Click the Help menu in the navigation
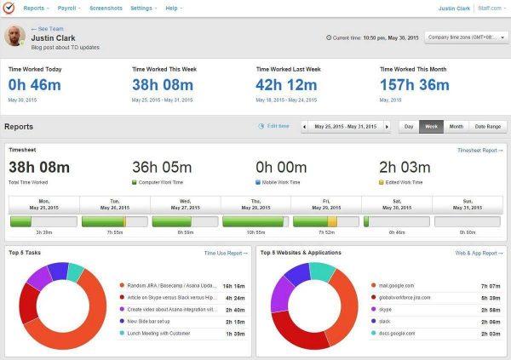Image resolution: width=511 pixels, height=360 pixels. pyautogui.click(x=173, y=8)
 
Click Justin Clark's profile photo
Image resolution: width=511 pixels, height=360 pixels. pyautogui.click(x=14, y=37)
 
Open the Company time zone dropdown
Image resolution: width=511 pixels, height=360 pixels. pyautogui.click(x=467, y=37)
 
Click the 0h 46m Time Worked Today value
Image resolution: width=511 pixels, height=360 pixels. pyautogui.click(x=36, y=85)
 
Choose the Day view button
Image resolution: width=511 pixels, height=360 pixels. pyautogui.click(x=409, y=126)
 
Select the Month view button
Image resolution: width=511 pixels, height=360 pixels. pyautogui.click(x=456, y=126)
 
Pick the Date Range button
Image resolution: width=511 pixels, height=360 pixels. pyautogui.click(x=487, y=126)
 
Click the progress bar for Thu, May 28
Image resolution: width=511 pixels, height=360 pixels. pyautogui.click(x=255, y=220)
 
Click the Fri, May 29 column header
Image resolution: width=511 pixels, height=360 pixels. pyautogui.click(x=326, y=204)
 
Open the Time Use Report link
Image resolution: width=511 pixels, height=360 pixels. pyautogui.click(x=226, y=253)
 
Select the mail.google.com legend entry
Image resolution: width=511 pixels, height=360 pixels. pyautogui.click(x=396, y=285)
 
